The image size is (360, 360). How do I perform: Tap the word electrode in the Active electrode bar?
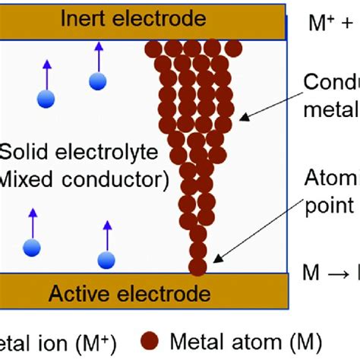(x=170, y=293)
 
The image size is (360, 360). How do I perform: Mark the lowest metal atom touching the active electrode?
(x=197, y=267)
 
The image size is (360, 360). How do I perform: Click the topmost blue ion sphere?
(x=96, y=81)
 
